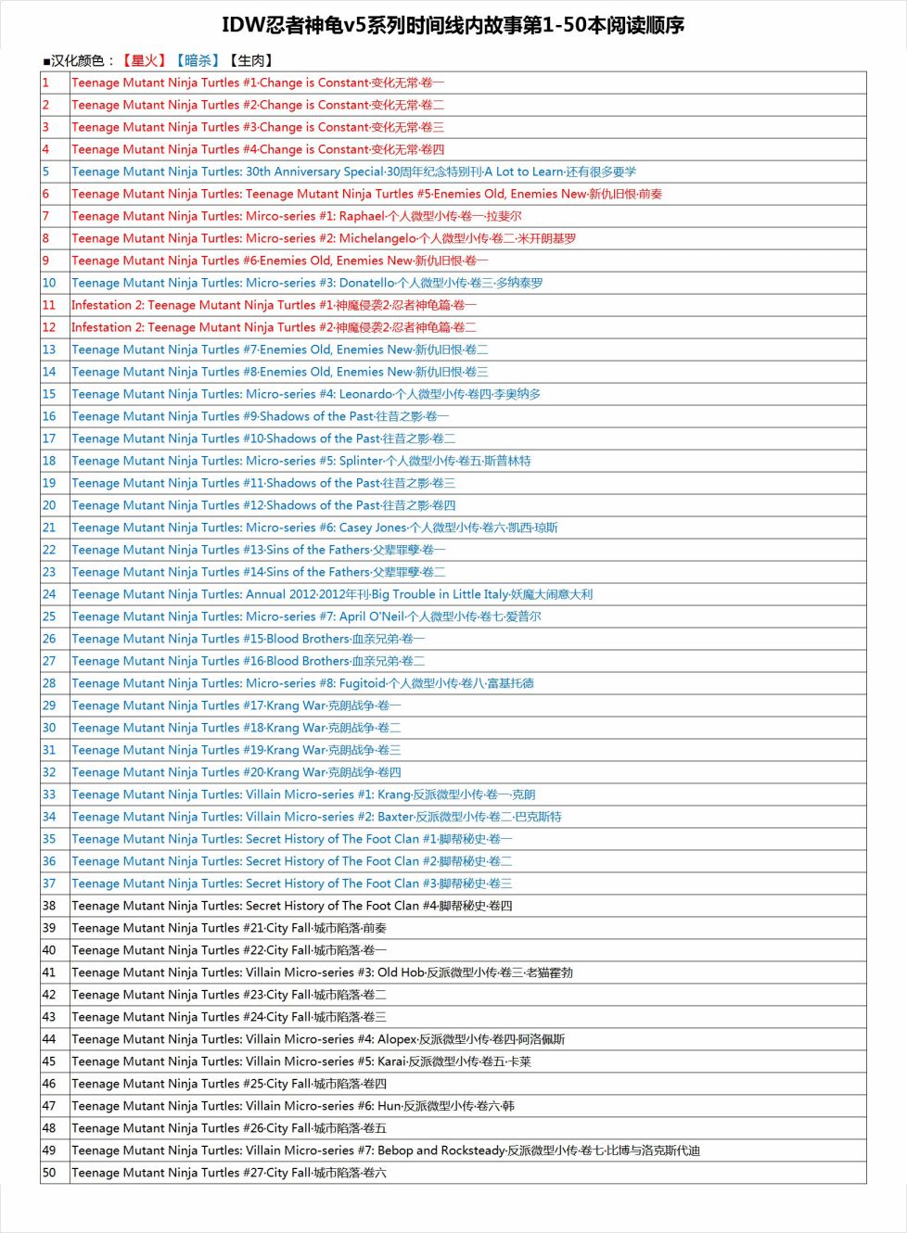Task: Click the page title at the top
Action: click(x=453, y=25)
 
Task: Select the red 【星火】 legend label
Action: click(x=144, y=60)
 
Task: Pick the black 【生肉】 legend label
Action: click(x=250, y=60)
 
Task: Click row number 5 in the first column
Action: click(x=46, y=172)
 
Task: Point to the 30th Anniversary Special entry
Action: click(x=353, y=172)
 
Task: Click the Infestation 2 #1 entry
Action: click(x=274, y=305)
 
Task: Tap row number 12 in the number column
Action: click(x=49, y=327)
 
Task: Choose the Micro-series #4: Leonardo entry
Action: click(x=306, y=394)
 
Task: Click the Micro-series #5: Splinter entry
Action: click(x=300, y=461)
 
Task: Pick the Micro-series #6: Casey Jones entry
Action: click(x=314, y=528)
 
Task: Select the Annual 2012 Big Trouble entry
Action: click(x=331, y=594)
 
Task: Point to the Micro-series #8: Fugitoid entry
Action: click(x=302, y=683)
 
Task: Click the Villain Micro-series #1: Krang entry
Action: click(x=303, y=794)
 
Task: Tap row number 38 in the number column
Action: click(x=49, y=906)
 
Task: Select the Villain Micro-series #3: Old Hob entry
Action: click(x=322, y=972)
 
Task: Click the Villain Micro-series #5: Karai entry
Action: click(x=300, y=1061)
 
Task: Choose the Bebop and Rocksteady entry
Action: click(x=385, y=1150)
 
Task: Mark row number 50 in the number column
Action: click(x=49, y=1173)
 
